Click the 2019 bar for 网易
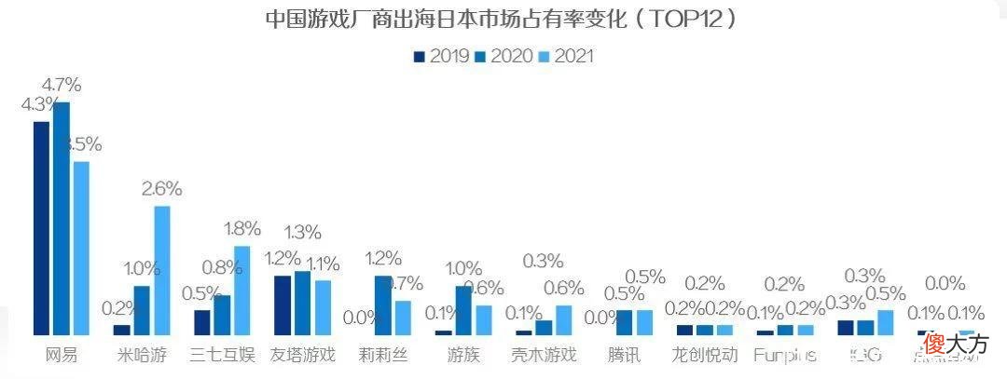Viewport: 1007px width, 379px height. (x=41, y=228)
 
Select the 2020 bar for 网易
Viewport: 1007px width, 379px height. (x=62, y=219)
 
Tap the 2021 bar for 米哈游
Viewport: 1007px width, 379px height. (x=162, y=270)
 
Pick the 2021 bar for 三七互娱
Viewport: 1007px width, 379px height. (x=242, y=291)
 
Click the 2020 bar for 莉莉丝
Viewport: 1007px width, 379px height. (x=383, y=305)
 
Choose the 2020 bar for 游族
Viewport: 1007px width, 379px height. (x=463, y=310)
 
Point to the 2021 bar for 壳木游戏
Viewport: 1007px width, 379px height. (x=564, y=319)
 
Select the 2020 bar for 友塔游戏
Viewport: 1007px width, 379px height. (x=302, y=303)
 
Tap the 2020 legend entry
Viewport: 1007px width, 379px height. (x=504, y=56)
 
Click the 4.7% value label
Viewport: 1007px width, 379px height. (x=62, y=86)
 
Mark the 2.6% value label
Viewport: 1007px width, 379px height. (x=161, y=189)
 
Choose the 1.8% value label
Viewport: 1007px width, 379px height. (x=241, y=229)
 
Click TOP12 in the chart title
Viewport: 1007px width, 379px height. (x=685, y=19)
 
